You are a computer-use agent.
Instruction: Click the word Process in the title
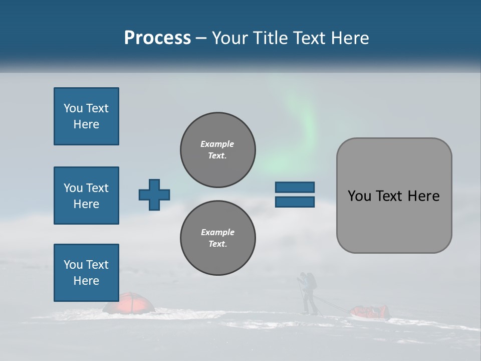[157, 38]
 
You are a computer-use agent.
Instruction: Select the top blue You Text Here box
[86, 116]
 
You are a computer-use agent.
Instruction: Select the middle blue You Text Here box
[86, 196]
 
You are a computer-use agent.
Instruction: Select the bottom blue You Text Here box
[86, 272]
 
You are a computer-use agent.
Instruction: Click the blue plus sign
[154, 195]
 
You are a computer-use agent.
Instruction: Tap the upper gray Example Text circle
[217, 150]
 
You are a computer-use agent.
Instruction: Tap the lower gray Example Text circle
[217, 238]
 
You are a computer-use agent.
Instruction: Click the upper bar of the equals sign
[295, 188]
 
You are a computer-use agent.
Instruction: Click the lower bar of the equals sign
[295, 202]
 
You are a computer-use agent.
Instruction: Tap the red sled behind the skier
[371, 312]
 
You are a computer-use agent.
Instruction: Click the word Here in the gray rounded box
[423, 196]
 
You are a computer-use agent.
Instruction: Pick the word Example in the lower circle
[217, 232]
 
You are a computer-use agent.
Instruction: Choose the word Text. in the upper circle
[217, 156]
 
